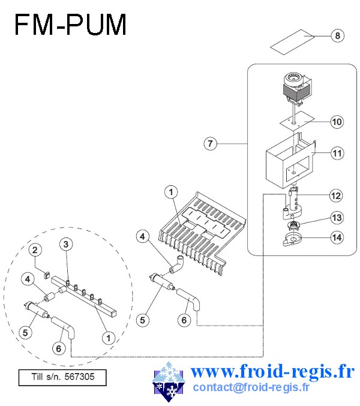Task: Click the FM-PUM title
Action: (x=70, y=24)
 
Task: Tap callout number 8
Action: (x=337, y=35)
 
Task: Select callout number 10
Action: (x=337, y=122)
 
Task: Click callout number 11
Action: (x=337, y=154)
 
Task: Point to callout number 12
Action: (x=336, y=196)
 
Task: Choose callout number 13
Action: (x=337, y=218)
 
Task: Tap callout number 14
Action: (x=337, y=237)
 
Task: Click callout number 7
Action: (x=211, y=143)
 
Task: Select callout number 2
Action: (x=35, y=250)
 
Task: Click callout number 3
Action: (x=66, y=244)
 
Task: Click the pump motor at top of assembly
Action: (x=296, y=89)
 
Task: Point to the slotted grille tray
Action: (x=202, y=233)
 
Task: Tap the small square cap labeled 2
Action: (x=46, y=275)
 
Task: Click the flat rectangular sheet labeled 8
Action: (x=292, y=42)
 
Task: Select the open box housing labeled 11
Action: (x=291, y=161)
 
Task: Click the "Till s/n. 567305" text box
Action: (x=62, y=377)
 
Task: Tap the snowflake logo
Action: (x=169, y=381)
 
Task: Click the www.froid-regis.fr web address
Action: (x=272, y=372)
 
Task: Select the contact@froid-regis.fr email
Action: (x=251, y=387)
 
